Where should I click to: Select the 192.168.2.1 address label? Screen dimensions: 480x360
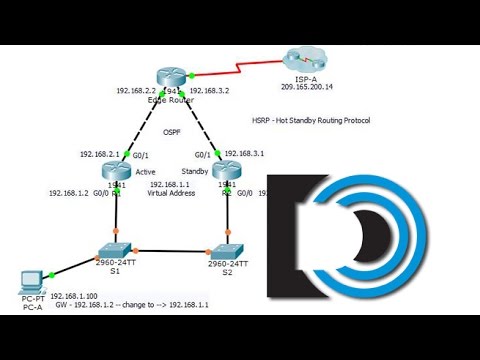tap(100, 154)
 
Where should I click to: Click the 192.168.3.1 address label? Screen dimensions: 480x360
tap(245, 154)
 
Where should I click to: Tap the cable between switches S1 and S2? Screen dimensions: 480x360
tap(170, 250)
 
